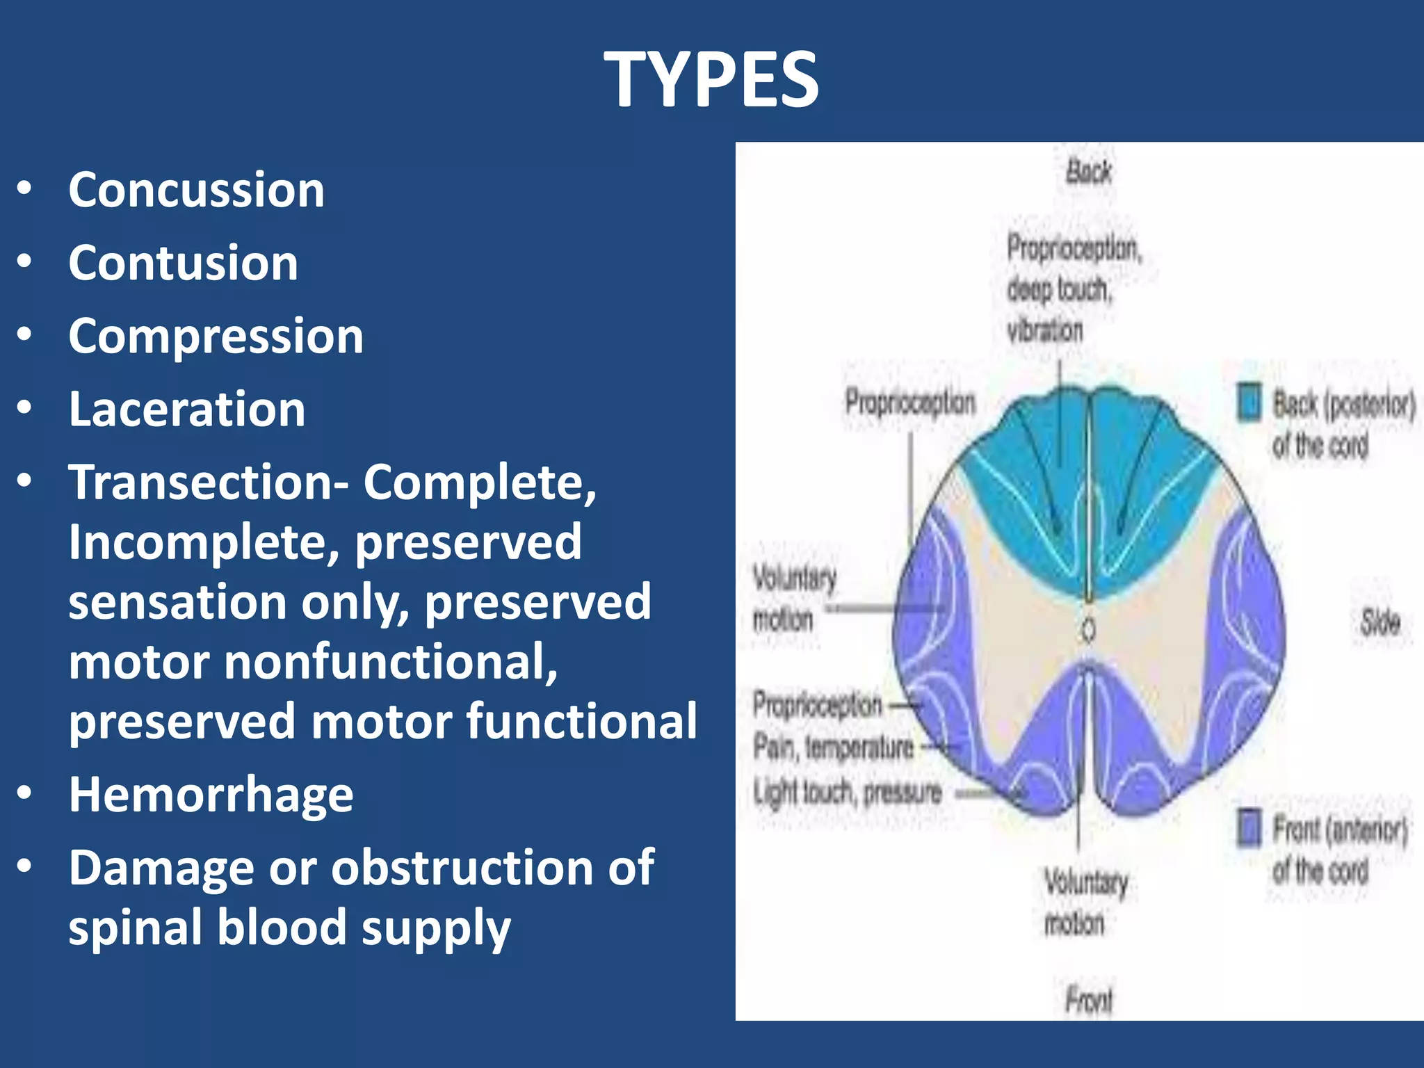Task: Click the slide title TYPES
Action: click(x=711, y=81)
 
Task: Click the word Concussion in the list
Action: click(x=196, y=190)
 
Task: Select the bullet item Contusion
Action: click(x=183, y=264)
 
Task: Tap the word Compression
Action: click(x=216, y=337)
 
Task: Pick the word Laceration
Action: click(x=186, y=410)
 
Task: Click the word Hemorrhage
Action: click(x=211, y=795)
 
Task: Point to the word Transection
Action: click(x=202, y=483)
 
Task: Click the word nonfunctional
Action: click(x=389, y=662)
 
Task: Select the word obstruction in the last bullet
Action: click(x=462, y=868)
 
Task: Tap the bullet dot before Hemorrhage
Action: click(x=25, y=793)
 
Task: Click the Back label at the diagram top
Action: click(x=1089, y=172)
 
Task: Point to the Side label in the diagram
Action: click(x=1379, y=622)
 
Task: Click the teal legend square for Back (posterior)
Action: click(x=1249, y=403)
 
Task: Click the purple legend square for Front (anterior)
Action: click(x=1249, y=828)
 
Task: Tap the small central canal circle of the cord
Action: click(x=1089, y=630)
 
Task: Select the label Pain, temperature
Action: click(x=833, y=748)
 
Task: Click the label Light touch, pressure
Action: click(x=847, y=793)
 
